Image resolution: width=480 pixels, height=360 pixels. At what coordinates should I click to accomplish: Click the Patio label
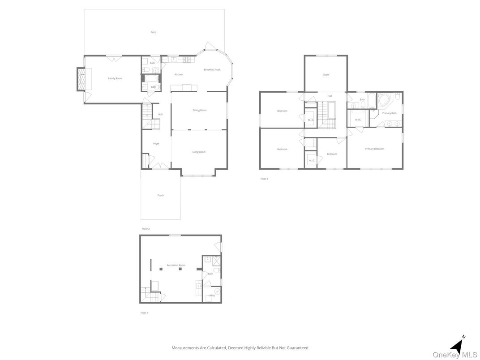(153, 32)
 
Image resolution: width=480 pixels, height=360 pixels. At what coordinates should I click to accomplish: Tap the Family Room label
(115, 78)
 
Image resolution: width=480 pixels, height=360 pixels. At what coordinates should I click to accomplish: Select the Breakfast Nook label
(212, 69)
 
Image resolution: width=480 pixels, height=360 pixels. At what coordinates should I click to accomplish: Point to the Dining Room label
(200, 110)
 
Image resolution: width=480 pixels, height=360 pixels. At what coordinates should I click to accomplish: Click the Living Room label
(199, 152)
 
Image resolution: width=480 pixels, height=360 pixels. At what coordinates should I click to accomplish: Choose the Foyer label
(156, 144)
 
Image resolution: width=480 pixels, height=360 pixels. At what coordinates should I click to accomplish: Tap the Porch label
(160, 195)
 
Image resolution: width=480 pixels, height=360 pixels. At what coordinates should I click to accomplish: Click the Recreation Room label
(176, 266)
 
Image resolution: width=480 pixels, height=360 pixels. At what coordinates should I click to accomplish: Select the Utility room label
(212, 296)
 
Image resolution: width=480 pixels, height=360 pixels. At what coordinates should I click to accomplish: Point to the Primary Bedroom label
(374, 149)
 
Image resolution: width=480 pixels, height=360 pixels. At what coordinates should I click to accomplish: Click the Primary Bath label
(389, 113)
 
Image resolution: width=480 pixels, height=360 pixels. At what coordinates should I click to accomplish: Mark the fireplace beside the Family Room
(81, 79)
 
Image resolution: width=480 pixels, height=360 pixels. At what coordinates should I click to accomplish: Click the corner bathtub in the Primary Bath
(384, 99)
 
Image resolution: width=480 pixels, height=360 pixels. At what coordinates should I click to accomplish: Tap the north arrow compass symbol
(457, 345)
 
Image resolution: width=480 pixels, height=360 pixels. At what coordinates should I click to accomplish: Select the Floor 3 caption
(264, 179)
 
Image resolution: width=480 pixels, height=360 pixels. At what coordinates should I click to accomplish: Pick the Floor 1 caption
(144, 313)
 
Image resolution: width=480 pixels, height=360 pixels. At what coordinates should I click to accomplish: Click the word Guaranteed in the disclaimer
(297, 348)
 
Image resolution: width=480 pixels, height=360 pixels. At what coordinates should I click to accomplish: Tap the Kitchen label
(179, 74)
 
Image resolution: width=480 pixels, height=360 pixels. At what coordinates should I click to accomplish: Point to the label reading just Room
(326, 75)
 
